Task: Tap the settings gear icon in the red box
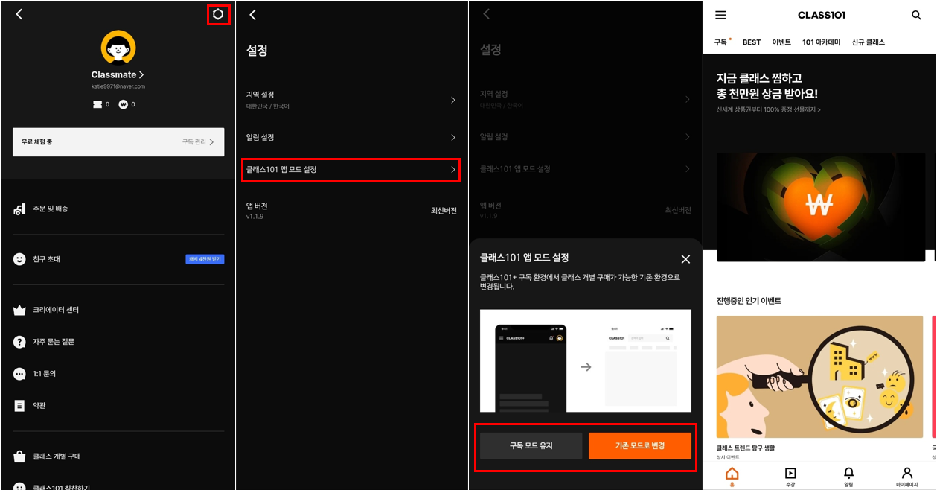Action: (x=218, y=14)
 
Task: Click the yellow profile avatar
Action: (x=118, y=48)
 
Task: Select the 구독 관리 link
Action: (x=199, y=141)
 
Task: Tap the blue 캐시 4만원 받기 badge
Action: (x=205, y=259)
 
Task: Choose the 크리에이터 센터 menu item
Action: (x=56, y=310)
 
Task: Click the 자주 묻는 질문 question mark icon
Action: (x=20, y=342)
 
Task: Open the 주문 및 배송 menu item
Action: (x=51, y=209)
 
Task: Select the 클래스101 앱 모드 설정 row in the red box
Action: (x=351, y=170)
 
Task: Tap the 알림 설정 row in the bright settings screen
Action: (x=351, y=138)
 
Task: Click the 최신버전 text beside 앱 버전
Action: (x=444, y=211)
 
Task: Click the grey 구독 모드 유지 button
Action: (x=531, y=446)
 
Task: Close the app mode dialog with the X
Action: (x=685, y=259)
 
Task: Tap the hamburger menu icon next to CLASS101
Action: (x=720, y=15)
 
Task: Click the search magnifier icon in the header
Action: (x=916, y=15)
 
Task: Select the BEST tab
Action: (x=752, y=42)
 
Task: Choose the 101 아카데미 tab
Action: (x=821, y=42)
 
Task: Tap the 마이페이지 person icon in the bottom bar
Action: (x=906, y=474)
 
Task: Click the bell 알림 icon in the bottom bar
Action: (x=848, y=474)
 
